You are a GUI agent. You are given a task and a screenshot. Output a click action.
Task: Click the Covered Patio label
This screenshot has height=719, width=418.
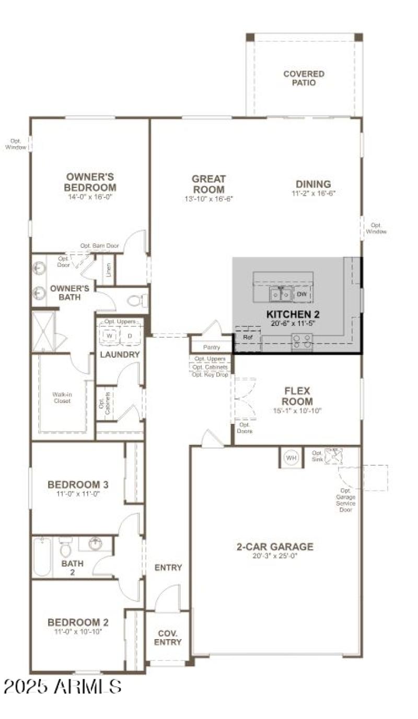304,78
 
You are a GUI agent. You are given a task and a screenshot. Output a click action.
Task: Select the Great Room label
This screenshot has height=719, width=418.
208,184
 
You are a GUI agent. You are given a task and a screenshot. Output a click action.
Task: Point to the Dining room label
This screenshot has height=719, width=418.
313,184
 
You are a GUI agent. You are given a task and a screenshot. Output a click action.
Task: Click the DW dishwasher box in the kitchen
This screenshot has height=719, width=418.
301,294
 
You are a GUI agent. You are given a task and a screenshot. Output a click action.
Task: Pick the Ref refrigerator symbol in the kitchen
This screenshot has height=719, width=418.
247,337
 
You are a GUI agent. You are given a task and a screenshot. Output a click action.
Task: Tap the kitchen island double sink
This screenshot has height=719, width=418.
281,294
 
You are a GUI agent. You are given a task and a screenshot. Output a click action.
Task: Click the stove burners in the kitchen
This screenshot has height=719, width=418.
301,341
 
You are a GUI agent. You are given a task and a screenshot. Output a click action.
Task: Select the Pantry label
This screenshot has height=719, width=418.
211,347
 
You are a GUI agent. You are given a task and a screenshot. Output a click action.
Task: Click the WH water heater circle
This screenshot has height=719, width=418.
291,458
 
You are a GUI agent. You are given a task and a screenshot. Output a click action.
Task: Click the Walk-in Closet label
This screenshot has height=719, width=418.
62,397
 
